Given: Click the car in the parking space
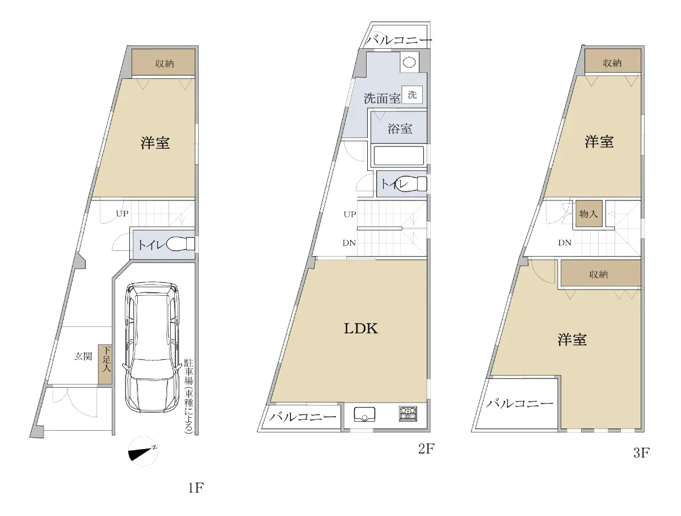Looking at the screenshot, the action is pyautogui.click(x=152, y=347).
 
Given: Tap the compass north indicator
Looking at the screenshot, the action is pyautogui.click(x=143, y=452).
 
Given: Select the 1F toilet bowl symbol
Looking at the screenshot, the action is pyautogui.click(x=180, y=244).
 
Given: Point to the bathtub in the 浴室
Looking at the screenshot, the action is pyautogui.click(x=399, y=156).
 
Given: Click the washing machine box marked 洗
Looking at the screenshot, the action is pyautogui.click(x=412, y=95).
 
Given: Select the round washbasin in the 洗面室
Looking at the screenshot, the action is pyautogui.click(x=409, y=62).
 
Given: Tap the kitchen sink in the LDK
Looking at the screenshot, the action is pyautogui.click(x=364, y=414).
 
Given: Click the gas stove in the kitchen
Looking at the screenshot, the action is pyautogui.click(x=407, y=414).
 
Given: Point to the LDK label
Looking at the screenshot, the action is pyautogui.click(x=361, y=329).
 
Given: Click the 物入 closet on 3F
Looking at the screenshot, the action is pyautogui.click(x=589, y=214).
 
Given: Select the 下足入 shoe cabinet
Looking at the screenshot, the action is pyautogui.click(x=105, y=364).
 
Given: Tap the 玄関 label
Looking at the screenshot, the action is pyautogui.click(x=83, y=356).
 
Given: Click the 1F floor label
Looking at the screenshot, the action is pyautogui.click(x=196, y=488).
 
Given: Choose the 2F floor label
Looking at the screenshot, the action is pyautogui.click(x=426, y=448).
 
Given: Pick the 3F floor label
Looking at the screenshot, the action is pyautogui.click(x=641, y=453).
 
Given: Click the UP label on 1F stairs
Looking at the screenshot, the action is pyautogui.click(x=122, y=213).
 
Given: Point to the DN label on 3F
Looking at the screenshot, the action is pyautogui.click(x=565, y=242).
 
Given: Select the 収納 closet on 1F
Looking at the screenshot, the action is pyautogui.click(x=163, y=62).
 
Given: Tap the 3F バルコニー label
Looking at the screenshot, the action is pyautogui.click(x=520, y=404).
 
